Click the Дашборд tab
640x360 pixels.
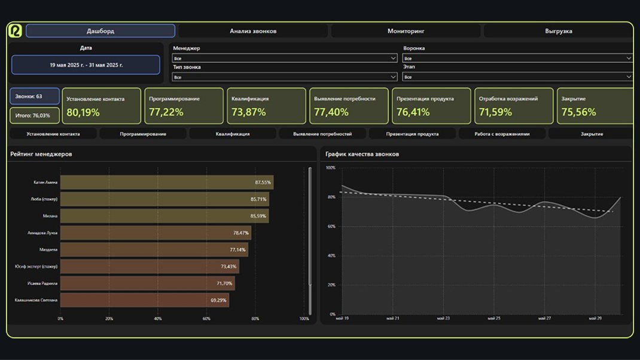click(x=100, y=31)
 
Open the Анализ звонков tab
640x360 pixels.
click(x=253, y=31)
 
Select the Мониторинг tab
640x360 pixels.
click(x=406, y=31)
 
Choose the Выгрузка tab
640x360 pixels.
click(x=558, y=31)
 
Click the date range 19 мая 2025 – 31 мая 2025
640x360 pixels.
click(x=86, y=65)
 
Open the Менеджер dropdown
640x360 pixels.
click(x=285, y=58)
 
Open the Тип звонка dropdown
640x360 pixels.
click(x=285, y=77)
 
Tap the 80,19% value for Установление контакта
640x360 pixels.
click(x=83, y=112)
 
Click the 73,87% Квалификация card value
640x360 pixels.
click(x=248, y=112)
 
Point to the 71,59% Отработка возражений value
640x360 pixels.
click(x=496, y=112)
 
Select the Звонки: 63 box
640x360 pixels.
click(x=35, y=96)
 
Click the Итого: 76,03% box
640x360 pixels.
click(x=35, y=115)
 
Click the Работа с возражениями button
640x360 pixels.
click(x=502, y=134)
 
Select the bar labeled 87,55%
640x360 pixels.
click(x=166, y=182)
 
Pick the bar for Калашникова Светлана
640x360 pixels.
click(x=144, y=300)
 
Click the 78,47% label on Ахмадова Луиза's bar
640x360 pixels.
click(x=240, y=233)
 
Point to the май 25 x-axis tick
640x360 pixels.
click(x=495, y=319)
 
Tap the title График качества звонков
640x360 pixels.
click(x=362, y=154)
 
